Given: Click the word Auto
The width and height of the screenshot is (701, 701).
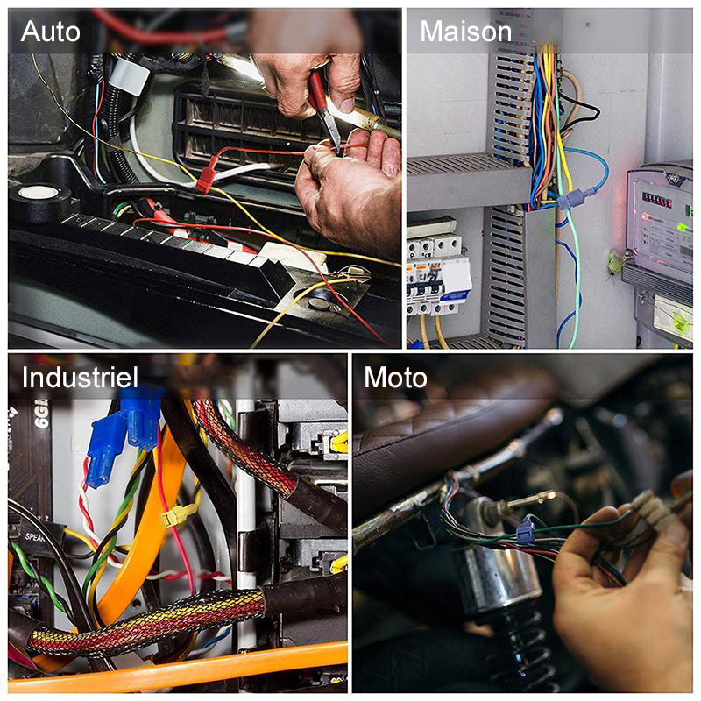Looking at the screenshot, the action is (x=51, y=32).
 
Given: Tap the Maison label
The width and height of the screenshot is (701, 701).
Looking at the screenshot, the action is (x=465, y=32).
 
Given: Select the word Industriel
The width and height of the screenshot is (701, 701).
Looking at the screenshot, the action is (x=80, y=378).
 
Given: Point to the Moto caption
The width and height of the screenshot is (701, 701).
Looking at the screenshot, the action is (x=395, y=378).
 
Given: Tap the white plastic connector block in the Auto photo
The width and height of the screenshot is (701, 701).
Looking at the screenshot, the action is (x=129, y=75).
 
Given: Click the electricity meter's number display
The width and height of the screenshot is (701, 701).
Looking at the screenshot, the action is (x=656, y=200).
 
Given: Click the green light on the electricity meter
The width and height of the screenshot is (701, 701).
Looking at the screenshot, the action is (x=683, y=228).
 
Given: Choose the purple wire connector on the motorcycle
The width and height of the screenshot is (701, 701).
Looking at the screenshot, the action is (x=524, y=532).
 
